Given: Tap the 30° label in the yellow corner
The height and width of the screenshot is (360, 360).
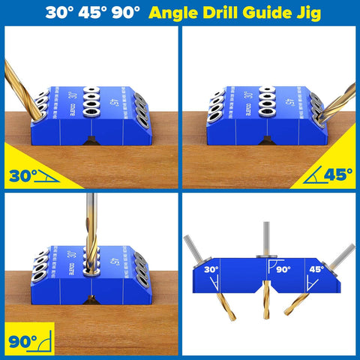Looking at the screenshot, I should pyautogui.click(x=22, y=177).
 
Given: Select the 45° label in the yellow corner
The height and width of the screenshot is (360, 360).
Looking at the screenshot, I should pyautogui.click(x=339, y=175).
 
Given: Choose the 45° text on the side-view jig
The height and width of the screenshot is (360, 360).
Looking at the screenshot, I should pyautogui.click(x=316, y=268).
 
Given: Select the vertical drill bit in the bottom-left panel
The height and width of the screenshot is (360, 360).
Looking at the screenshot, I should pyautogui.click(x=90, y=225).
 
